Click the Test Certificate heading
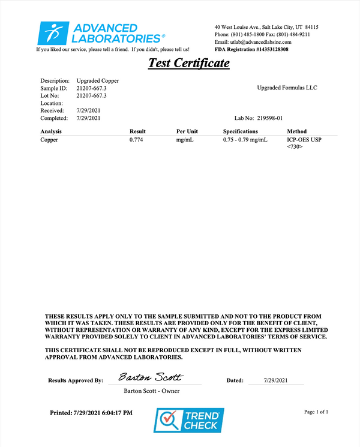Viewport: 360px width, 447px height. (x=188, y=62)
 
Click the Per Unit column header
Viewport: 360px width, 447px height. (x=187, y=131)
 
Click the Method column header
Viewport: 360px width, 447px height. (x=297, y=131)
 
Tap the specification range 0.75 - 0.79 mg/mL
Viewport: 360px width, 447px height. (x=246, y=139)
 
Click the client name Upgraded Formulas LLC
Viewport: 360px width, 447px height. (x=287, y=88)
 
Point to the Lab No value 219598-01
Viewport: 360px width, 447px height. (x=278, y=119)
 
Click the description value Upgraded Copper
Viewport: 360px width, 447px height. (x=98, y=80)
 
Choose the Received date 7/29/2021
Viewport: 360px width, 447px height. (x=88, y=111)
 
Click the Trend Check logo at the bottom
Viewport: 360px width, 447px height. (x=189, y=420)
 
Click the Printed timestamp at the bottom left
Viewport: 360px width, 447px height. (x=92, y=413)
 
